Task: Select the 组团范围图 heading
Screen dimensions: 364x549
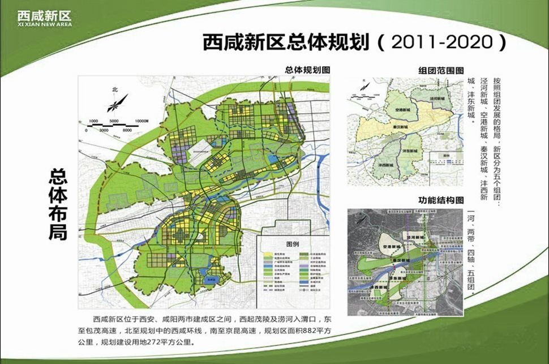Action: (x=440, y=70)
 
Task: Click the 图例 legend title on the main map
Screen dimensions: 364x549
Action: (x=293, y=245)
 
